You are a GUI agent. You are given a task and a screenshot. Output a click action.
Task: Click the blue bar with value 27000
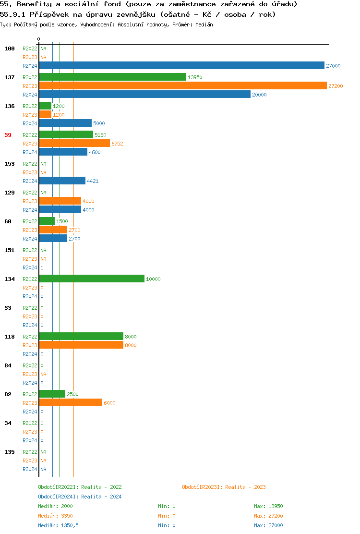click(x=181, y=65)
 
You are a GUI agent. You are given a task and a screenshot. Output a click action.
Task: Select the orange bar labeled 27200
click(x=183, y=85)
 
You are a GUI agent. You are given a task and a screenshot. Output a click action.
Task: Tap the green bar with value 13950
click(x=112, y=77)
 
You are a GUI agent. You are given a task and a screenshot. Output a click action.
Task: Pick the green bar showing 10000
click(x=92, y=279)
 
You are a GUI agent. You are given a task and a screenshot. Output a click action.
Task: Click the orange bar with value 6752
click(x=74, y=143)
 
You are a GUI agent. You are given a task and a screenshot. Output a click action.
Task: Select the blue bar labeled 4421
click(x=62, y=181)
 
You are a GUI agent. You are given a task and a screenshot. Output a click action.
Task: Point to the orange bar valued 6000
click(x=71, y=402)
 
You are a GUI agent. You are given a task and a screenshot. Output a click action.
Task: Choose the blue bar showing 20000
click(x=144, y=94)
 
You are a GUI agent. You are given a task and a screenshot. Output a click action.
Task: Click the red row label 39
click(x=8, y=135)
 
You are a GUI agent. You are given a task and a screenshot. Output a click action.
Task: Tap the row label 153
click(x=10, y=164)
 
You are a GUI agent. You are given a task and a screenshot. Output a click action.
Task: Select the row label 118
click(x=10, y=337)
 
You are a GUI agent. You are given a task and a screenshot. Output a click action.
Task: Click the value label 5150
click(x=100, y=135)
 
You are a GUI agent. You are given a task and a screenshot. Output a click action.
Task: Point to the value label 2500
click(x=72, y=394)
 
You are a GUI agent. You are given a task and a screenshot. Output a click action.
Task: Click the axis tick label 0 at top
click(x=39, y=39)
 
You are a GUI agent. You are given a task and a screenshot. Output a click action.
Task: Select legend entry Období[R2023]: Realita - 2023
click(x=224, y=487)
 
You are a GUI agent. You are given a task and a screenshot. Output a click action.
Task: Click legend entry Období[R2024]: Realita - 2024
click(x=80, y=497)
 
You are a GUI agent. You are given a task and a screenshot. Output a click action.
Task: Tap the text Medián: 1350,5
click(x=58, y=525)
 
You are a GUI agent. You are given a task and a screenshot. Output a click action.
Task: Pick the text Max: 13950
click(x=268, y=506)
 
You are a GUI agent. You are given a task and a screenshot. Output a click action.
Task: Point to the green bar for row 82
click(x=52, y=394)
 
